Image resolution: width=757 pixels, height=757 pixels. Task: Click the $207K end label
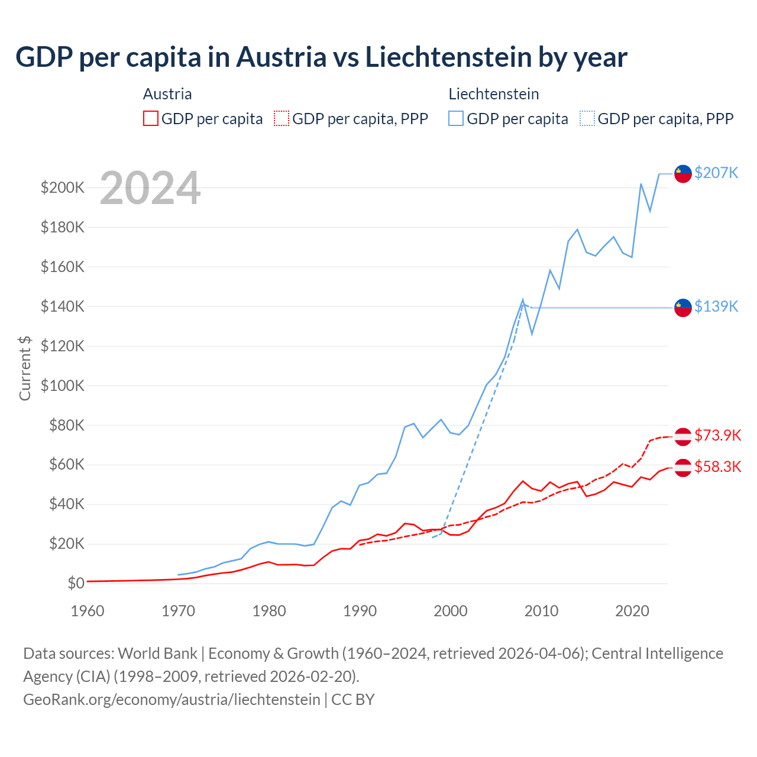716,173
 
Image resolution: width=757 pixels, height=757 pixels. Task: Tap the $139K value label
716,306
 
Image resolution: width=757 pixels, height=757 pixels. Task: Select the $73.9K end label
717,435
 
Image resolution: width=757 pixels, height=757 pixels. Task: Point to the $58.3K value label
717,467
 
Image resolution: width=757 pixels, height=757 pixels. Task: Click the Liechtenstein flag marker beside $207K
683,174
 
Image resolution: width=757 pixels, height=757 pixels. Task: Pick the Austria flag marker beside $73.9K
683,436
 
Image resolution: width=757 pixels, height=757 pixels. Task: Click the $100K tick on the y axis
63,386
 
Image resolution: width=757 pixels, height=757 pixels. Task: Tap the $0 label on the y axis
76,583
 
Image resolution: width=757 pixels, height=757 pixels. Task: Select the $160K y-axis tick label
63,267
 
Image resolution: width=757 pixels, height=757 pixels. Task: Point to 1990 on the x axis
360,611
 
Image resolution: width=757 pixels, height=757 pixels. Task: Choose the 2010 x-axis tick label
541,611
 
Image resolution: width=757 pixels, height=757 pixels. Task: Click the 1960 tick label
88,611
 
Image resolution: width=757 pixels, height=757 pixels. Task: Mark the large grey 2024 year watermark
150,188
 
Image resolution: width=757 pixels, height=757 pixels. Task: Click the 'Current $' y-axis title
25,368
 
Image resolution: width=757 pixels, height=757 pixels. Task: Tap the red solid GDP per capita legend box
151,118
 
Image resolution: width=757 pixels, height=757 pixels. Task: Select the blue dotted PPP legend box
587,118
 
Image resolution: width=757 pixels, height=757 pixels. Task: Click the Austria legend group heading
167,94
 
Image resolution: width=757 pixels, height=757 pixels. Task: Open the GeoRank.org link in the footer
172,699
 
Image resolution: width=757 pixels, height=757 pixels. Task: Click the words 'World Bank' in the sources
157,653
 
